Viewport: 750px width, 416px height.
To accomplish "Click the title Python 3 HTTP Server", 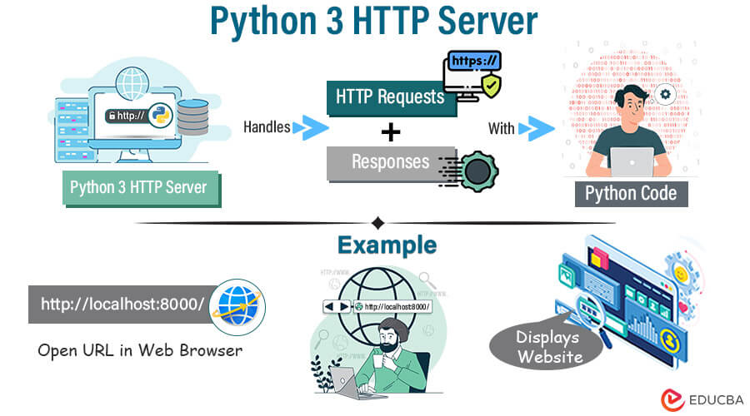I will pos(374,22).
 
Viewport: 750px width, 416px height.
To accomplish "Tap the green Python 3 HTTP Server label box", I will pos(138,187).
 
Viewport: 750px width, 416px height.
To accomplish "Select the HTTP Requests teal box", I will pos(390,97).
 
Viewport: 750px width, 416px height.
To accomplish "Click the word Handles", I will pos(267,127).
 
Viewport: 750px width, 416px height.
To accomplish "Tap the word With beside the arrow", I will pos(502,128).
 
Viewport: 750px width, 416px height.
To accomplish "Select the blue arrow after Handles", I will pos(310,127).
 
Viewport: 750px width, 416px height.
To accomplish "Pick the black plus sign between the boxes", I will pos(390,131).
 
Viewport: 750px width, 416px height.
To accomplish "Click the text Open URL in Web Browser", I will pos(140,349).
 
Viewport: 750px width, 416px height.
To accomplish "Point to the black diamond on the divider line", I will pos(377,223).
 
